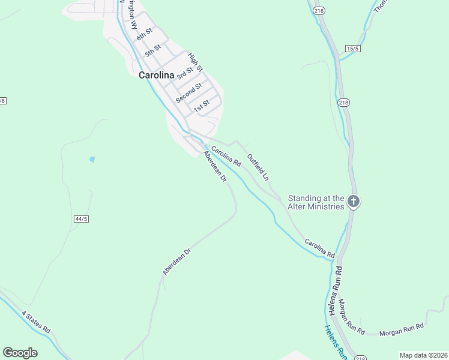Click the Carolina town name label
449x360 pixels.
pos(156,76)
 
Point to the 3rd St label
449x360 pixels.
pos(185,73)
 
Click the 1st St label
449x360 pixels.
pos(201,106)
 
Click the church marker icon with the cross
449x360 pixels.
pos(354,202)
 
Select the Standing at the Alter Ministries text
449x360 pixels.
pos(316,202)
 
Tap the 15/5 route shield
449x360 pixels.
pos(352,47)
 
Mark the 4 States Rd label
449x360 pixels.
pos(36,322)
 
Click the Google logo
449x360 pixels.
pos(20,353)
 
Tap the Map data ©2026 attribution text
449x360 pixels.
pos(423,355)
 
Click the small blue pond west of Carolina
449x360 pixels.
pos(91,160)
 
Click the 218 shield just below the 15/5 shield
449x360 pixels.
pos(343,102)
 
